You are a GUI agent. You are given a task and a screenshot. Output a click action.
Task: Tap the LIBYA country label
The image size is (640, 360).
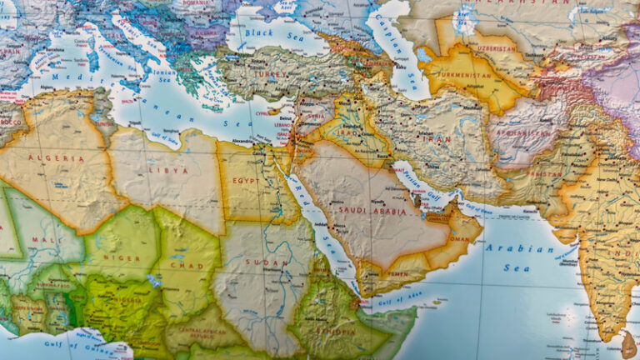(x=167, y=170)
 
